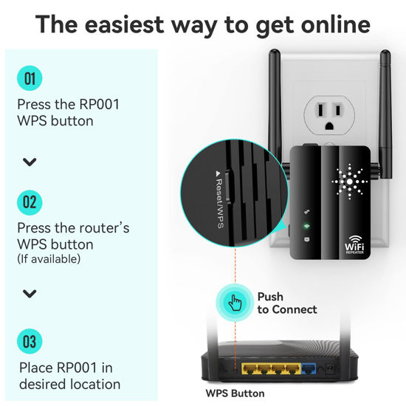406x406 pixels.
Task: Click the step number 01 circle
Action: point(30,78)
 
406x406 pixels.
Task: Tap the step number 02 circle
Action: point(30,201)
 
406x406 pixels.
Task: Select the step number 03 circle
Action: point(30,341)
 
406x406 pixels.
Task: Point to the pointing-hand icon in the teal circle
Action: point(234,303)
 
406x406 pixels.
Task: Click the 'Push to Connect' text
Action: point(286,303)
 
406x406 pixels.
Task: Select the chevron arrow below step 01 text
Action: point(30,162)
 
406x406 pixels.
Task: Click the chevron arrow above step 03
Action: point(30,293)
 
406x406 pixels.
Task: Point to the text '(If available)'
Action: point(49,259)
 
